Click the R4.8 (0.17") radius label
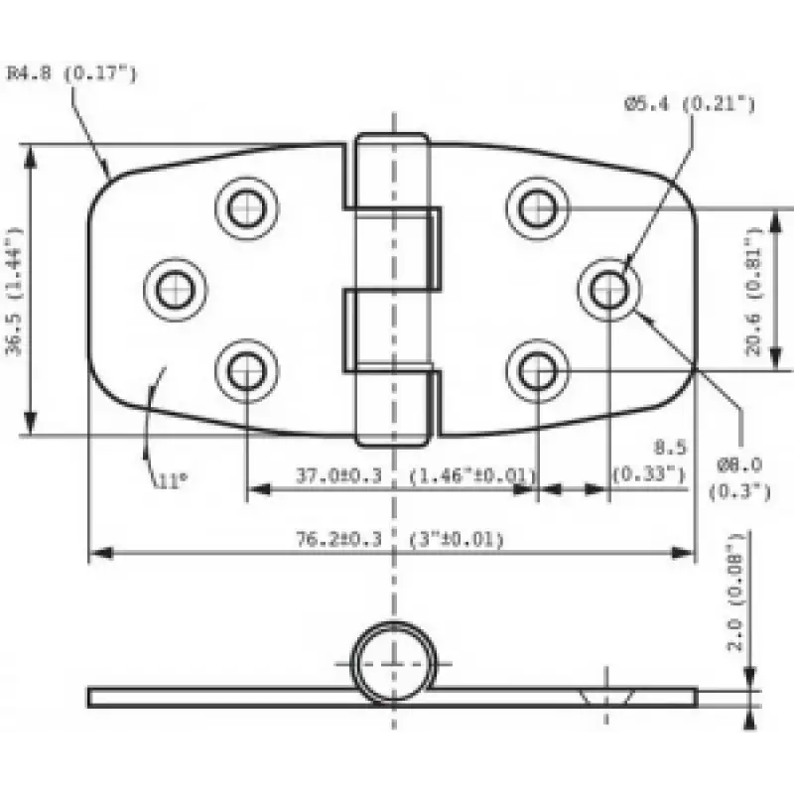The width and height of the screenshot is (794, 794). [71, 72]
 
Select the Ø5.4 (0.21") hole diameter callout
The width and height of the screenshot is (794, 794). [689, 104]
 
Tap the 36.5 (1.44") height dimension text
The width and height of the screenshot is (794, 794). [15, 291]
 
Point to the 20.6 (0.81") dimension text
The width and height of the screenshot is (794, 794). [754, 292]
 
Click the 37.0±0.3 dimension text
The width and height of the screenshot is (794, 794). [338, 476]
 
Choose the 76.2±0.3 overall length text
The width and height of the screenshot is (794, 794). [338, 539]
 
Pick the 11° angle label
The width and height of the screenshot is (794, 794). [173, 480]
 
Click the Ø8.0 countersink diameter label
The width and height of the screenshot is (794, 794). [739, 464]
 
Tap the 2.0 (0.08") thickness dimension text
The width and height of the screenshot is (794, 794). [735, 591]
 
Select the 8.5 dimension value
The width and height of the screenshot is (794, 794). [669, 448]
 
